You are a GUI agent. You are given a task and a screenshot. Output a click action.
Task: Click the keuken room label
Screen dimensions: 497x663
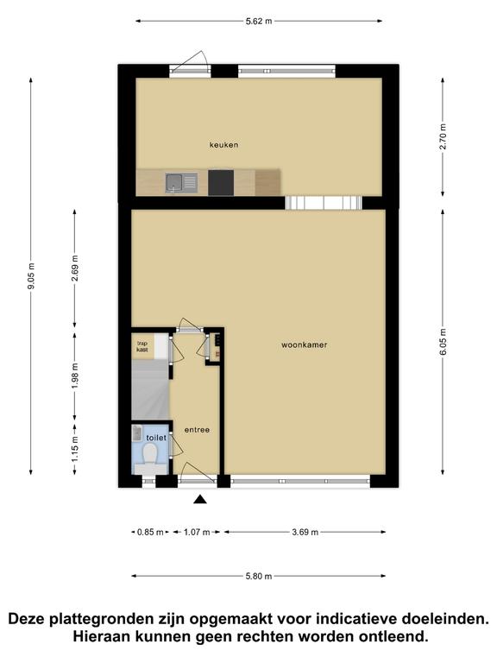tap(224, 145)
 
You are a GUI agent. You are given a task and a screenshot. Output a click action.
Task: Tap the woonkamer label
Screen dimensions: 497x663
tap(305, 345)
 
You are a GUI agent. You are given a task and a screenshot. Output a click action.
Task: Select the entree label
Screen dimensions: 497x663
tap(197, 430)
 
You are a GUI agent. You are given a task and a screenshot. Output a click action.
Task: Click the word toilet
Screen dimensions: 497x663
tap(156, 438)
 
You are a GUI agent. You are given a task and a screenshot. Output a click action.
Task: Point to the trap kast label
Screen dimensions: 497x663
tap(142, 347)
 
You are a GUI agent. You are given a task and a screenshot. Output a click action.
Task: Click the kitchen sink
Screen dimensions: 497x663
tap(181, 183)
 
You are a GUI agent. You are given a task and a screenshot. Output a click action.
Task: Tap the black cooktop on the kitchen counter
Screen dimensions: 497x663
tap(221, 183)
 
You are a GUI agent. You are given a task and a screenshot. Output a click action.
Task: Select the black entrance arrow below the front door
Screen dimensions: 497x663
tap(200, 500)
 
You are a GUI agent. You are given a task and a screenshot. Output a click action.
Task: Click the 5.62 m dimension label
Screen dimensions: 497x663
tap(259, 21)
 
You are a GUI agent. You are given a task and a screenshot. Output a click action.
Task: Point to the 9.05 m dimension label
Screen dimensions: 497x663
tap(31, 276)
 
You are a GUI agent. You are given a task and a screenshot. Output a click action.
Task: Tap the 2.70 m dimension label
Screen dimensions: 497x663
tap(443, 136)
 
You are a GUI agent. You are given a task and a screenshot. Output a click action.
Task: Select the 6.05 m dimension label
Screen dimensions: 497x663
tap(443, 342)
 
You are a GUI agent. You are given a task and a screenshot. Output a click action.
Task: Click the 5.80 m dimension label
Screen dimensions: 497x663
tap(259, 576)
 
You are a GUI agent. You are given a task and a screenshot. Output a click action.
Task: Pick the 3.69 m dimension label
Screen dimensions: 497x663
tap(305, 533)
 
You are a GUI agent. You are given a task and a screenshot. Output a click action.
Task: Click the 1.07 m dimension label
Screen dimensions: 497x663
tap(197, 533)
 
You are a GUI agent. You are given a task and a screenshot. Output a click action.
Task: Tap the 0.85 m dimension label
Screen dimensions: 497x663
tap(150, 533)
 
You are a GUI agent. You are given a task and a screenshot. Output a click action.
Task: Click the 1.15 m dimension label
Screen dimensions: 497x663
tap(75, 449)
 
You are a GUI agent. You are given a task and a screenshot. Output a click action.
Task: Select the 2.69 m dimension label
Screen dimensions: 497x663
tap(75, 268)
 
